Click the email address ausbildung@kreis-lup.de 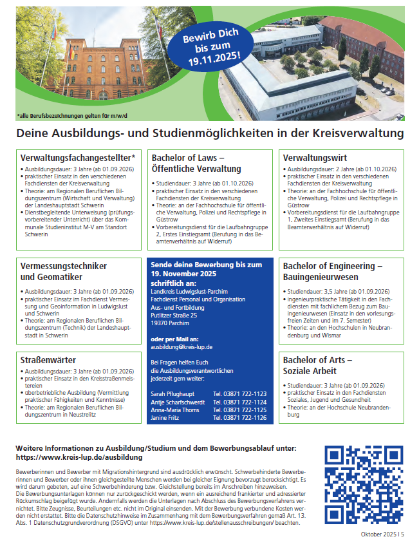click(182, 346)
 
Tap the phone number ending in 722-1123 click(239, 393)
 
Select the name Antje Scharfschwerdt click(178, 401)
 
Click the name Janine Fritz click(166, 417)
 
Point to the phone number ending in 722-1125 click(239, 410)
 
